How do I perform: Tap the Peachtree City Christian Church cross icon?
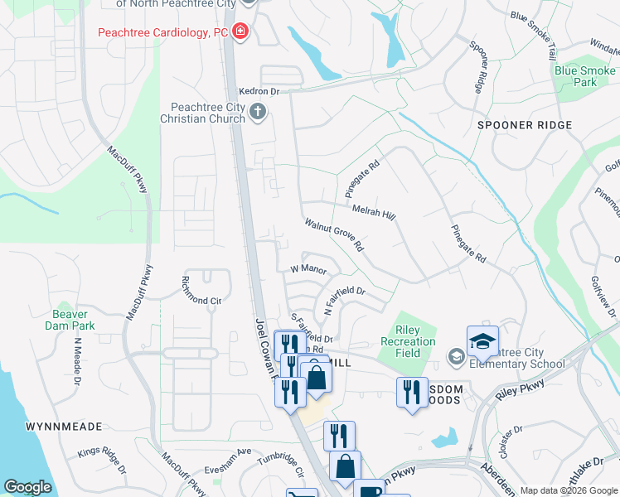258,113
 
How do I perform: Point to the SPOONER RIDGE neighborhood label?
525,125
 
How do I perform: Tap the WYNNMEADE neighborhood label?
64,427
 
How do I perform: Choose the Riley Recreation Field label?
408,341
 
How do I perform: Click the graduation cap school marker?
482,340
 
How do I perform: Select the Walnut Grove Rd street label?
334,235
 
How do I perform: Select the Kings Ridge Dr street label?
102,462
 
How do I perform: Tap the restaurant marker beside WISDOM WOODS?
411,392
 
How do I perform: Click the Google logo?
27,487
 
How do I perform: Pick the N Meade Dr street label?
77,360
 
